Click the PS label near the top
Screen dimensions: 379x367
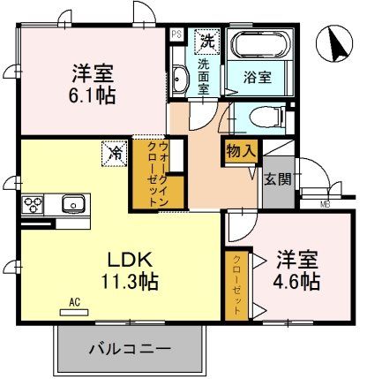[x=176, y=34]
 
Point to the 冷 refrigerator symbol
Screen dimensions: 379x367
[x=116, y=151]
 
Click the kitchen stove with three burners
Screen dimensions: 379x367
[x=33, y=205]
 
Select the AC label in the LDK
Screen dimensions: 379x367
[x=74, y=300]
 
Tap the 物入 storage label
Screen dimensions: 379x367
[x=240, y=151]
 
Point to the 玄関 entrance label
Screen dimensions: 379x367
[x=277, y=178]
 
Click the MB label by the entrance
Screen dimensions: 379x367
[x=324, y=205]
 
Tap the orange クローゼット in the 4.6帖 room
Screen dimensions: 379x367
[x=236, y=284]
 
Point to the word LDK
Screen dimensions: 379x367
[x=131, y=259]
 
